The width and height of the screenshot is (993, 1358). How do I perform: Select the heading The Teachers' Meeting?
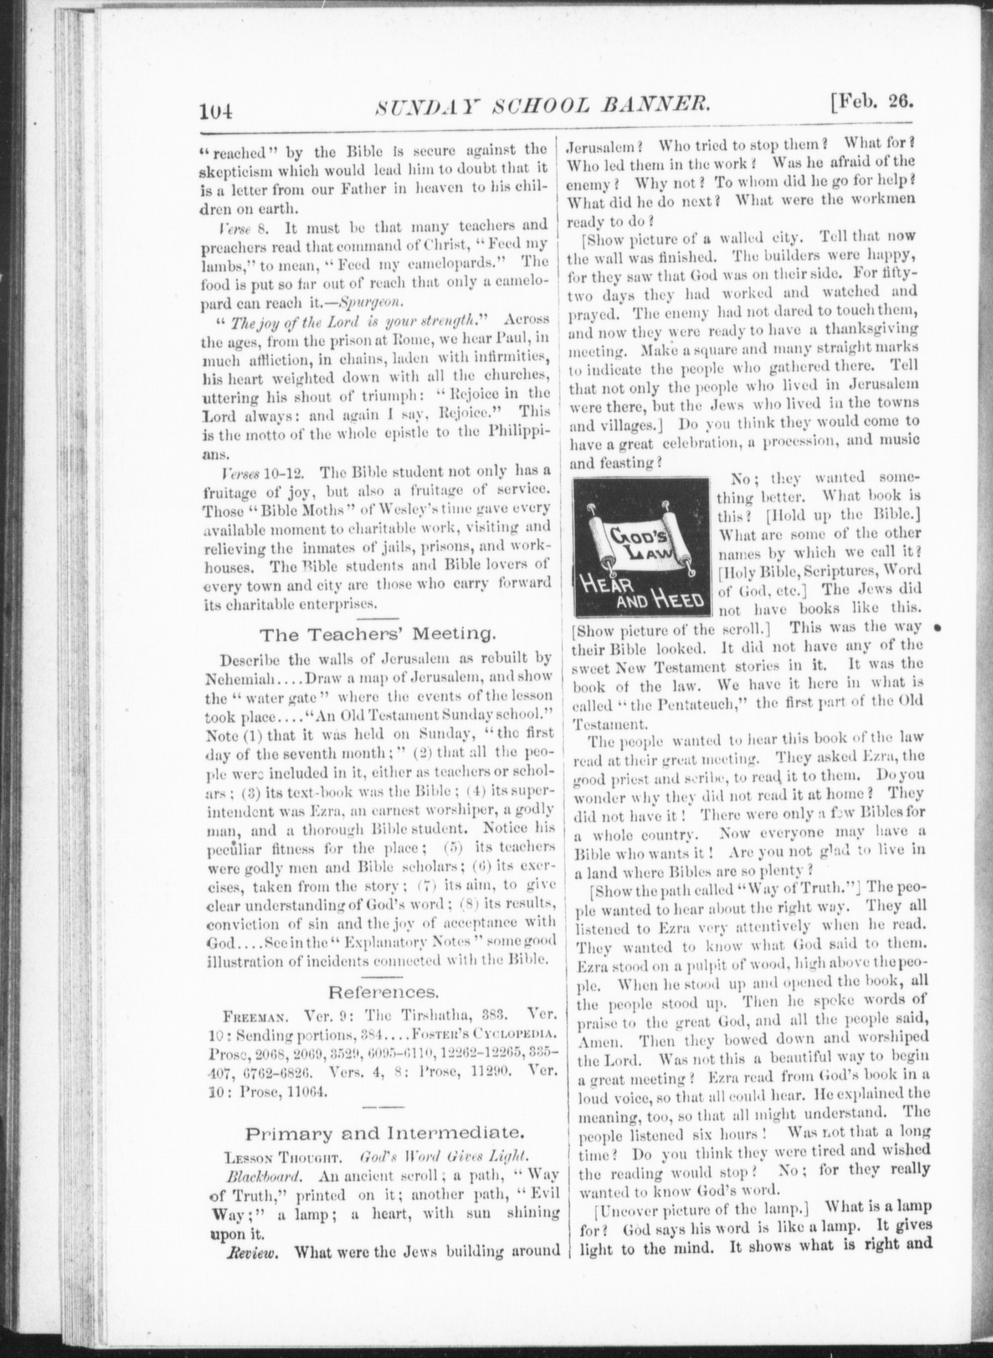[378, 635]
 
